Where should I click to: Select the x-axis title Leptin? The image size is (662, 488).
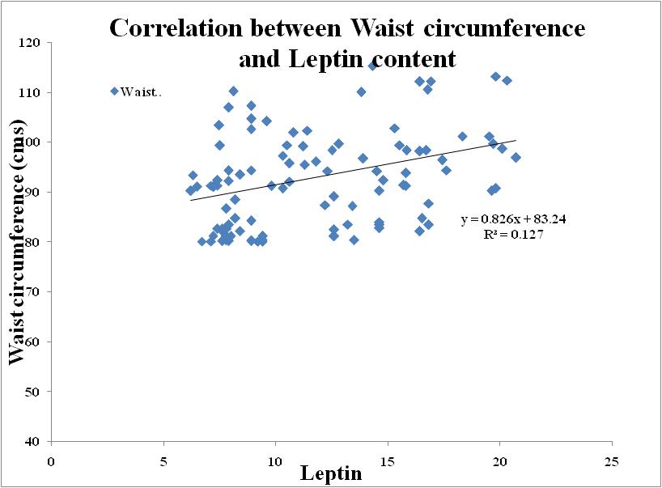click(331, 473)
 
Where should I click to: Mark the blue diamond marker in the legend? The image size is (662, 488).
click(114, 91)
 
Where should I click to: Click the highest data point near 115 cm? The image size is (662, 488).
click(372, 66)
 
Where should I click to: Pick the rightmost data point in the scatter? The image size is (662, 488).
click(516, 157)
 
